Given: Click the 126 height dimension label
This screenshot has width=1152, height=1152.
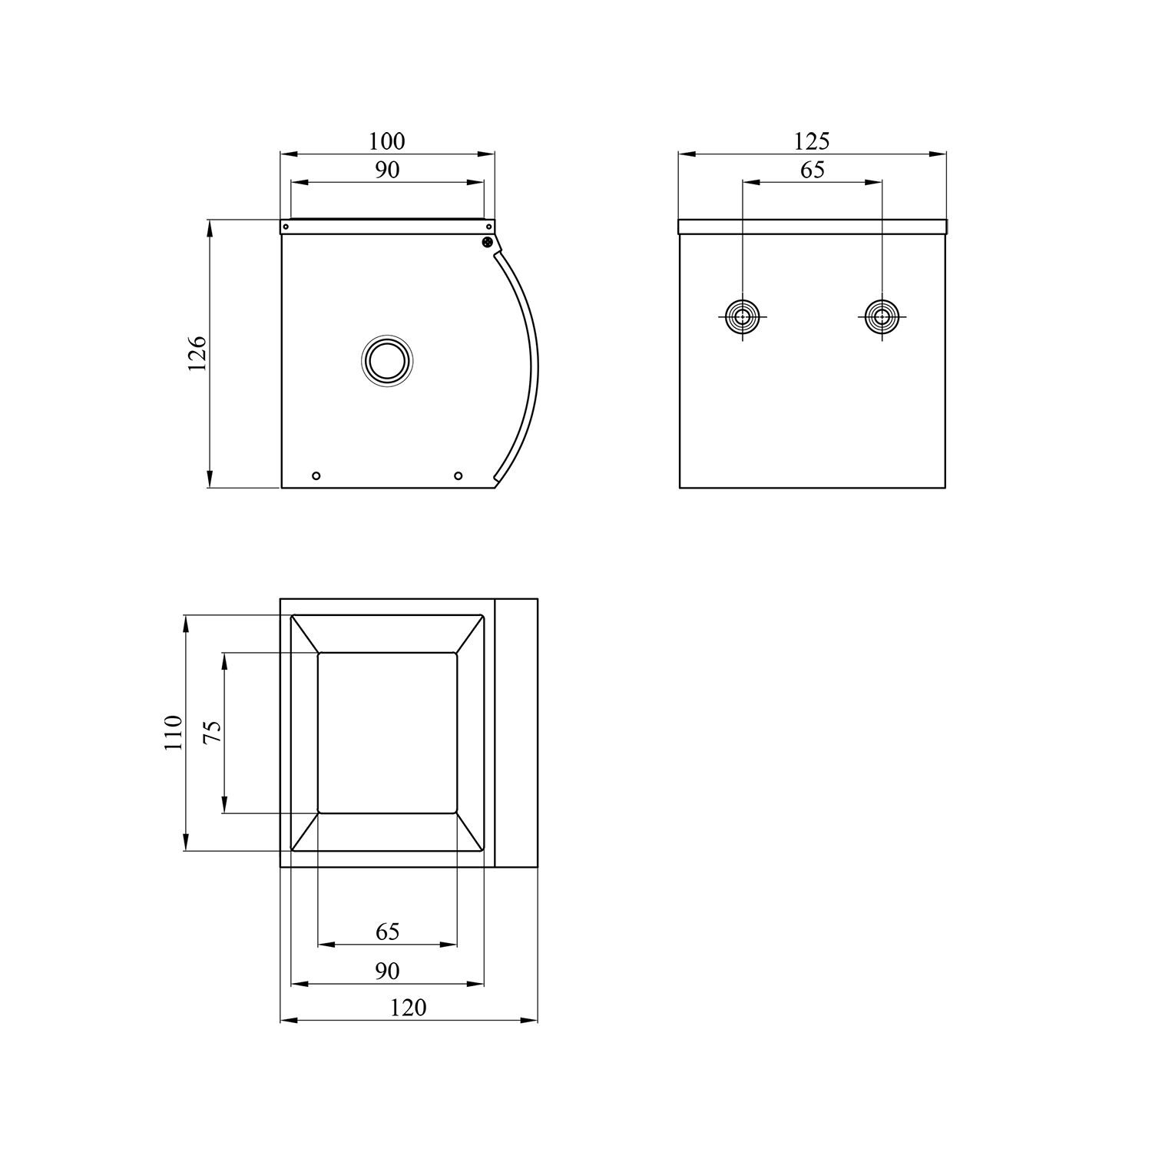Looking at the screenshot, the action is pyautogui.click(x=197, y=353).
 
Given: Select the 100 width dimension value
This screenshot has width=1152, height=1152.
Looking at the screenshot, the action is pyautogui.click(x=386, y=141).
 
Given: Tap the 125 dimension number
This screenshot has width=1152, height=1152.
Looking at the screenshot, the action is pyautogui.click(x=812, y=141).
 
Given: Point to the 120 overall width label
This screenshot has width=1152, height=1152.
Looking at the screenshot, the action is pyautogui.click(x=408, y=1008).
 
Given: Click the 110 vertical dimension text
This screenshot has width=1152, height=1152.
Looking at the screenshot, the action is pyautogui.click(x=173, y=733).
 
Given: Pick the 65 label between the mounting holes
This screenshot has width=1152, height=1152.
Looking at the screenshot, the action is pyautogui.click(x=812, y=170).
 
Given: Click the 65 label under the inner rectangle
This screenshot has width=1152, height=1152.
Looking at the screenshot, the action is pyautogui.click(x=388, y=932).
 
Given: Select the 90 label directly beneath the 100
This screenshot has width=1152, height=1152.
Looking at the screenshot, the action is pyautogui.click(x=387, y=170).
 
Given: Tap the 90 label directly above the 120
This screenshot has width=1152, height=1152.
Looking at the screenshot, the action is pyautogui.click(x=388, y=972).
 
